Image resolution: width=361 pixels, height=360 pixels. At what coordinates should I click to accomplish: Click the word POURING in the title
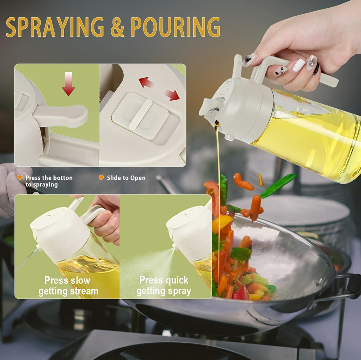175,27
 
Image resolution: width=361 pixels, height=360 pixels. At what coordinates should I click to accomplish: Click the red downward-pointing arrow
68,84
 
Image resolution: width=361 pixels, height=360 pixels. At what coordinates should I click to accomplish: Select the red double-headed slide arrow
159,89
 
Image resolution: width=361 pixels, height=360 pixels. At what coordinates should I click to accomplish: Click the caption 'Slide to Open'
126,178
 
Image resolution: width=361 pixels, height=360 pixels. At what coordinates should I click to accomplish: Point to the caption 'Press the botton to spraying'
49,181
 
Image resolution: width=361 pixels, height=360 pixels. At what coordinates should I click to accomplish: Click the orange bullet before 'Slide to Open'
101,178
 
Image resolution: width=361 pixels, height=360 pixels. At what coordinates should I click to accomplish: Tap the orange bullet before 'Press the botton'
20,178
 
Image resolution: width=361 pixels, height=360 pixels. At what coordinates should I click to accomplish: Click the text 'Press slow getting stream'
68,286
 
